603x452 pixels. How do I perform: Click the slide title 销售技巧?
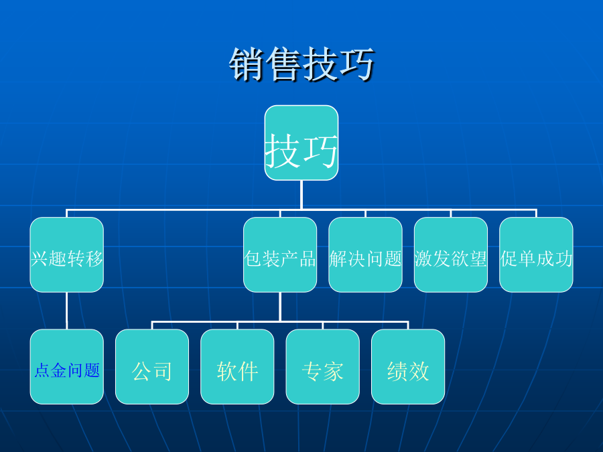[x=301, y=64]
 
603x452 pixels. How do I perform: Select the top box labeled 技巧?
[x=301, y=143]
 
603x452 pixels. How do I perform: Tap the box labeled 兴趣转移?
[x=67, y=255]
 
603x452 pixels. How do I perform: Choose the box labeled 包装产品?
[x=280, y=255]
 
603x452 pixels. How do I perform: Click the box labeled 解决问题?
[x=365, y=255]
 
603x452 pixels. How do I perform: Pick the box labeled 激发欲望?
[x=451, y=255]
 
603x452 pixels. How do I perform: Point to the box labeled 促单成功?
[x=536, y=255]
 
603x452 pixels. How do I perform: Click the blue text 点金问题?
[x=67, y=370]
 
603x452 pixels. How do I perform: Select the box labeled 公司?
[x=152, y=367]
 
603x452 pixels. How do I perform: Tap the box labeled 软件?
[x=237, y=367]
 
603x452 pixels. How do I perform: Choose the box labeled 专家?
[x=323, y=367]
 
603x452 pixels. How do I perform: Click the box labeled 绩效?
[x=408, y=367]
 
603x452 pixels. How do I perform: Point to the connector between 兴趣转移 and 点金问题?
[x=67, y=311]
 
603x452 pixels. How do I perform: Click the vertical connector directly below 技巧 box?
[x=301, y=195]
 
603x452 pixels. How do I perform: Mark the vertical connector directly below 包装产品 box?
[x=280, y=307]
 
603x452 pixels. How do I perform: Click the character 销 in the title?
[x=247, y=64]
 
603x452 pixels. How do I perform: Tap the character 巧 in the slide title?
[x=357, y=64]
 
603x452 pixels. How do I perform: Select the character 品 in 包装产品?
[x=308, y=258]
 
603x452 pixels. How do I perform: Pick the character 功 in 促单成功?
[x=563, y=258]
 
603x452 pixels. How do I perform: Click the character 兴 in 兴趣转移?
[x=40, y=258]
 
